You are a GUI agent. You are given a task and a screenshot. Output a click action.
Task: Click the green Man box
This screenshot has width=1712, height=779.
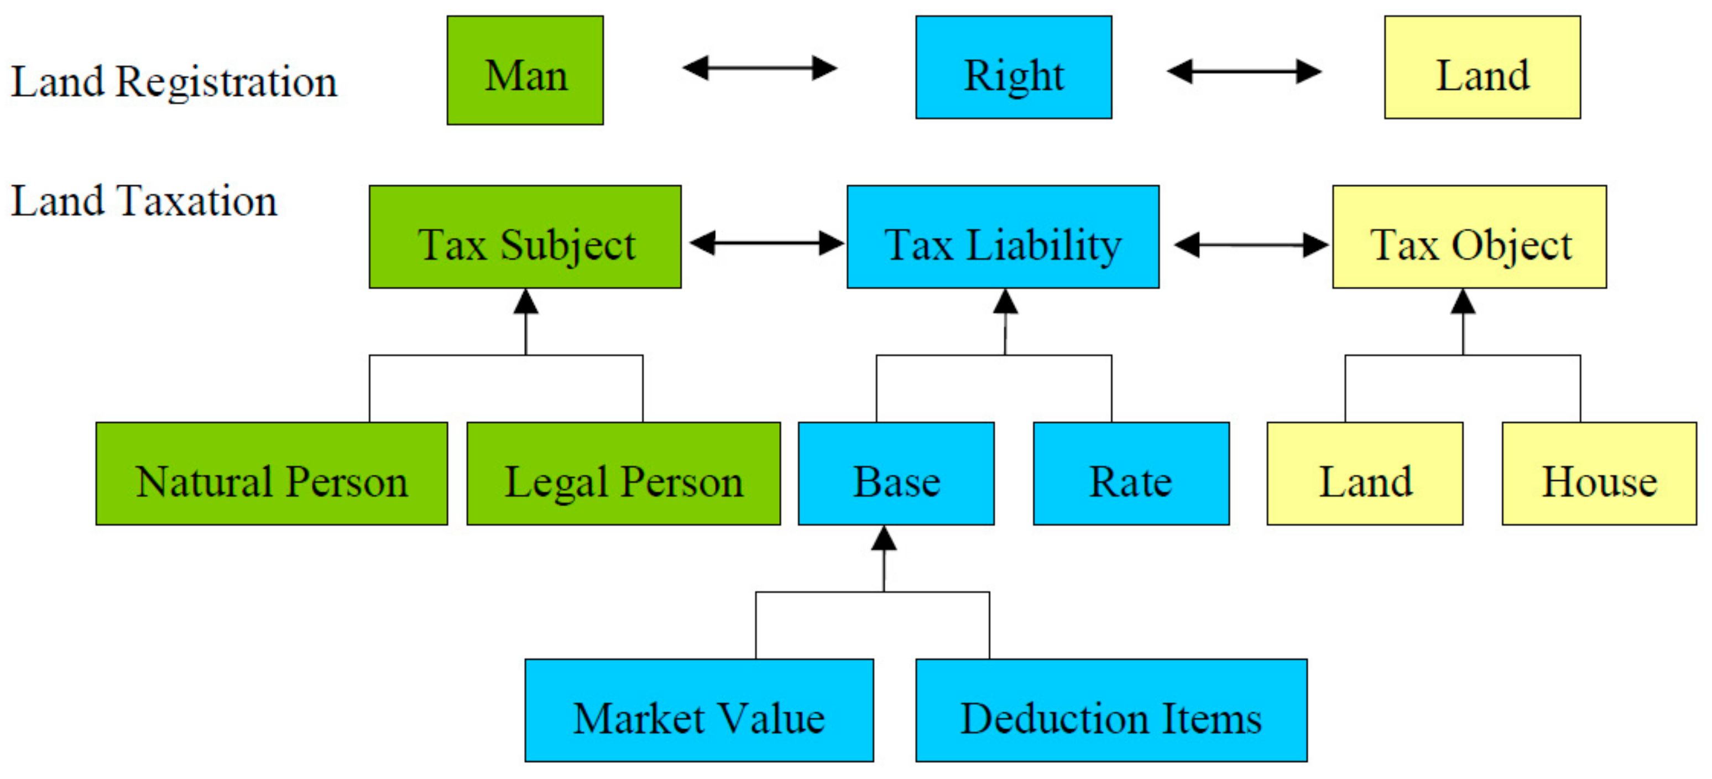(525, 70)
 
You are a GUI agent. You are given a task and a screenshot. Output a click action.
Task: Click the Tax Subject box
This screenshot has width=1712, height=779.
(525, 237)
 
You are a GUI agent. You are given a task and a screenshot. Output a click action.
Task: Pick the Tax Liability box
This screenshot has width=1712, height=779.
(1003, 237)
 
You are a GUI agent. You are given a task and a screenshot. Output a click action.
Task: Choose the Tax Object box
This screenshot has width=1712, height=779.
(1469, 237)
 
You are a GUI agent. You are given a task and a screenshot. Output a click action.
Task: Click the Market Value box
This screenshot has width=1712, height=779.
(699, 710)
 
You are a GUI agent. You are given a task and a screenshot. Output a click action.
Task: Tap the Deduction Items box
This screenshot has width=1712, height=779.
(1111, 710)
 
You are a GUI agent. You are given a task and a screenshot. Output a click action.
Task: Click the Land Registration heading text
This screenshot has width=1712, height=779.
(174, 82)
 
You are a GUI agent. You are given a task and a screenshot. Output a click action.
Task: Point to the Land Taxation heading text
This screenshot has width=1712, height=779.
(144, 201)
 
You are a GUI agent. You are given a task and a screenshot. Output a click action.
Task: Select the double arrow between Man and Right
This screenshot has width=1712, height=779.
(760, 68)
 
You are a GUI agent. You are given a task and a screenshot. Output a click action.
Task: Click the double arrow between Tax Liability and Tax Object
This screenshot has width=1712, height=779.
(1251, 245)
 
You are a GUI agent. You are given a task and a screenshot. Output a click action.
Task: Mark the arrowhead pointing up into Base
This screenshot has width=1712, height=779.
(884, 538)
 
